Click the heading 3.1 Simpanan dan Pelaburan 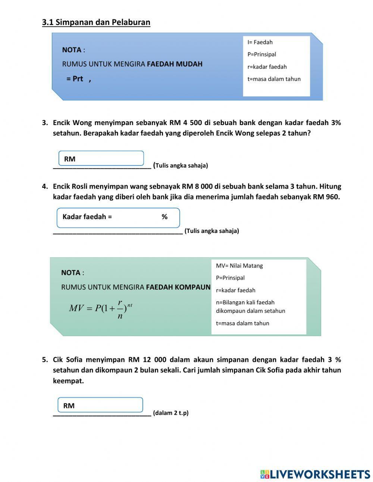[x=96, y=22]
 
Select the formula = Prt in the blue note [x=75, y=79]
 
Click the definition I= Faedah [x=260, y=42]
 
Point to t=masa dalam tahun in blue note [x=274, y=79]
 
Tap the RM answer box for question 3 [x=101, y=158]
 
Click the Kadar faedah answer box [x=118, y=217]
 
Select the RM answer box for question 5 [x=100, y=405]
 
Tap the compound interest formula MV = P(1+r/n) [x=101, y=309]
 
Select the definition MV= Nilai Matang [x=239, y=265]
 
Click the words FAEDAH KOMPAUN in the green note [x=178, y=287]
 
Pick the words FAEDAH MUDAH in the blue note [x=175, y=64]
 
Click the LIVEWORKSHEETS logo [x=315, y=474]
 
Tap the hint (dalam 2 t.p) [x=170, y=413]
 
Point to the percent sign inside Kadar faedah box [x=164, y=217]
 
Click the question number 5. [x=45, y=360]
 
